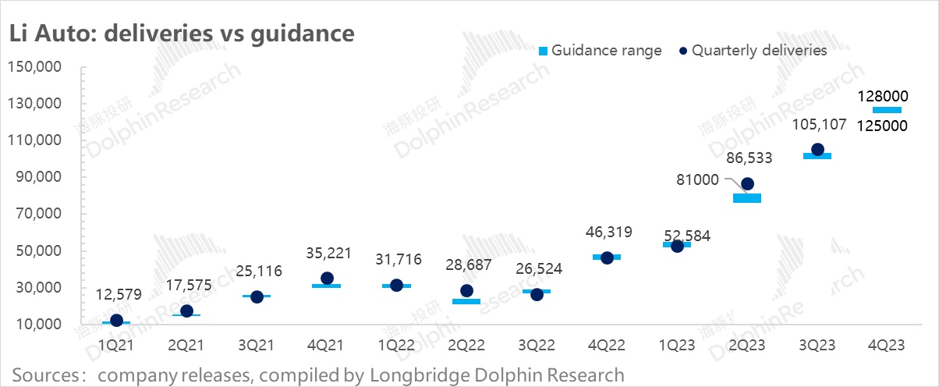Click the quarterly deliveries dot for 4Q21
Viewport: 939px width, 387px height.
tap(327, 279)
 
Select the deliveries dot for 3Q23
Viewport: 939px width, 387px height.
tap(817, 149)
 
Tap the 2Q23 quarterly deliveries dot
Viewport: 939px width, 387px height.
tap(747, 184)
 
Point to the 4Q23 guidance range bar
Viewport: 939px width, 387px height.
tap(887, 110)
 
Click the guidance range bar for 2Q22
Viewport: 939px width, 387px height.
tap(466, 301)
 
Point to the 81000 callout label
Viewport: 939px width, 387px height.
tap(699, 179)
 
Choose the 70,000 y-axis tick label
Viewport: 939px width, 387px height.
tap(37, 214)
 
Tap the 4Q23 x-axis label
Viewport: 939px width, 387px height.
tap(887, 346)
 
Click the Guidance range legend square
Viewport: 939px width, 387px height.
tap(543, 51)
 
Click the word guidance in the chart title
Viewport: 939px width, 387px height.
tap(303, 34)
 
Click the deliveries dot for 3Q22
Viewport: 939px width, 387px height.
tap(537, 294)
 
